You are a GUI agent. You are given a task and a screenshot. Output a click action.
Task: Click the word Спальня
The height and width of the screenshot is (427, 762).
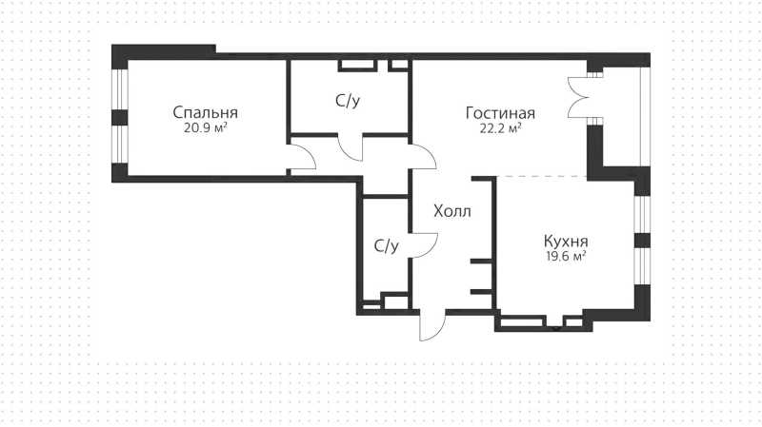coord(205,112)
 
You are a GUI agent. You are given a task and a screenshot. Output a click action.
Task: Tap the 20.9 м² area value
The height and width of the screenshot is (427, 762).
coord(206,128)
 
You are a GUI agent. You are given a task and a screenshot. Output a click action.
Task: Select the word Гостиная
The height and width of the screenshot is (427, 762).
coord(500,113)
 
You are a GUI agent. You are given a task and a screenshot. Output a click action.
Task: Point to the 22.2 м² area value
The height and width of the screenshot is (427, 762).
coord(500,128)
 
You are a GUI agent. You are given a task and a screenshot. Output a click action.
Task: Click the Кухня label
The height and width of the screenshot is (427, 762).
coord(566,242)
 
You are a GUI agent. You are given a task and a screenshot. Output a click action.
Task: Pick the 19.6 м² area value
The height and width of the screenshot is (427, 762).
coord(566,256)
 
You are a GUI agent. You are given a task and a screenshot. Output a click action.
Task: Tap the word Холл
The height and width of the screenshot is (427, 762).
coord(451,211)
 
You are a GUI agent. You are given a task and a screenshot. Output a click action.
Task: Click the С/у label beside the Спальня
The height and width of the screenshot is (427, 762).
coord(348,101)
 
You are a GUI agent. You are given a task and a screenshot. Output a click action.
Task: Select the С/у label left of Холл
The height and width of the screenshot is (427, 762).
coord(387,246)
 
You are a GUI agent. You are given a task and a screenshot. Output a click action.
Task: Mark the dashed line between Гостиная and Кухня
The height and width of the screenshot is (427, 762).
coord(541,176)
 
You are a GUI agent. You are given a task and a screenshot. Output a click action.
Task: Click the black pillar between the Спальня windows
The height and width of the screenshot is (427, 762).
coord(120,117)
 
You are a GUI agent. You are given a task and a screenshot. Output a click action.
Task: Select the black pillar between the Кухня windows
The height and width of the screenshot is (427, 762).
coord(642,241)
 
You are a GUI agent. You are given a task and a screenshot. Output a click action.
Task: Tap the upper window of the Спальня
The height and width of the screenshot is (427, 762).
coord(120,89)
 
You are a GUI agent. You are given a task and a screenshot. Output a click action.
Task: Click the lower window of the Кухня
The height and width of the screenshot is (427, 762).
coord(642,266)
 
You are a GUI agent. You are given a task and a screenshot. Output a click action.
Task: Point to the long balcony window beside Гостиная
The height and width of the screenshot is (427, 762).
coord(645,116)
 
